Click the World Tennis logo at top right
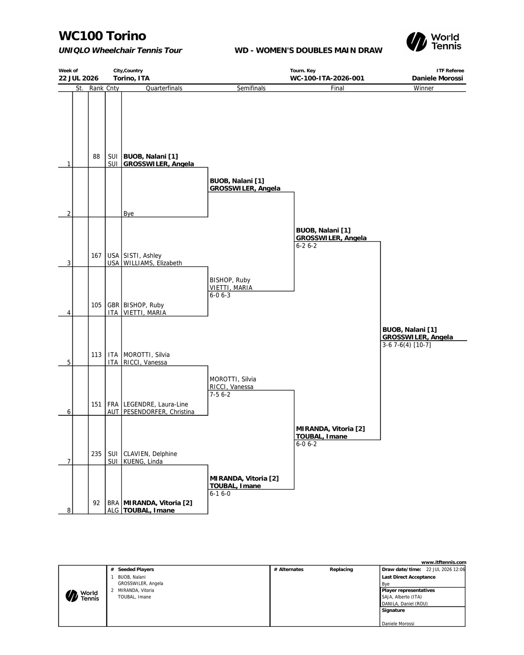point(434,42)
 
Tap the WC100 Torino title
point(102,36)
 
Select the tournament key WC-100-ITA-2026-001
point(327,78)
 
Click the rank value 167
point(96,255)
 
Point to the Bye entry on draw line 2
point(129,213)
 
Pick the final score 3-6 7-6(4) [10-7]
point(407,345)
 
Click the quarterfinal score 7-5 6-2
point(220,394)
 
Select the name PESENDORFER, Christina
point(159,412)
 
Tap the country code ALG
point(113,510)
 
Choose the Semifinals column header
point(251,88)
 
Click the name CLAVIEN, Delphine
point(150,454)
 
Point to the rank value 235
point(96,454)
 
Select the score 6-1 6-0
point(220,494)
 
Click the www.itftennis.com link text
point(443,562)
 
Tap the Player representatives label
point(409,590)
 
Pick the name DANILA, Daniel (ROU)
point(405,604)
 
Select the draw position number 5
point(69,362)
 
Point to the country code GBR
point(113,305)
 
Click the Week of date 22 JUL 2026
point(79,78)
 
